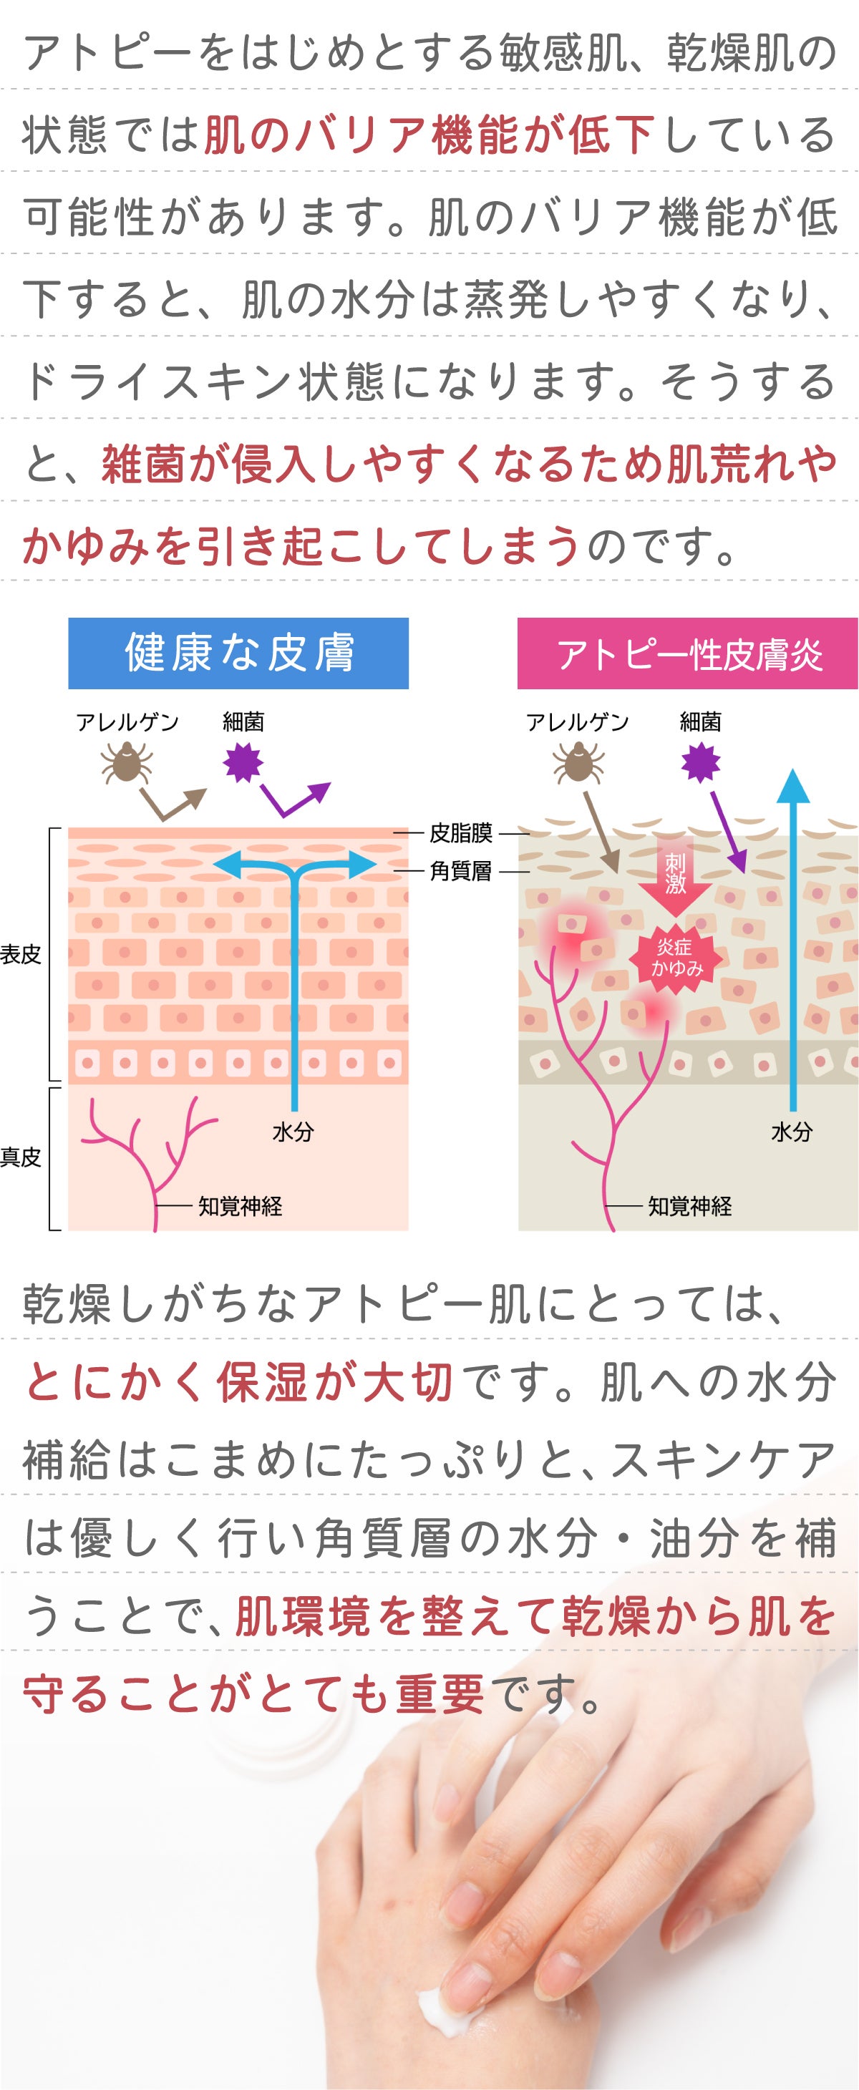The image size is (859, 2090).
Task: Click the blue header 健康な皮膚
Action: pyautogui.click(x=238, y=653)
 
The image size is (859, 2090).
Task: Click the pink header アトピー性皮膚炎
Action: pyautogui.click(x=687, y=653)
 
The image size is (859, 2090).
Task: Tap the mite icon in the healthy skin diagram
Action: pyautogui.click(x=126, y=764)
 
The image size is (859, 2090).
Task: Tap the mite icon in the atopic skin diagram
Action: pyautogui.click(x=578, y=764)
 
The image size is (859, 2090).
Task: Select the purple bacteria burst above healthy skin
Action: pyautogui.click(x=243, y=763)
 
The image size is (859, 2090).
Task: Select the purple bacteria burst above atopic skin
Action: pyautogui.click(x=700, y=763)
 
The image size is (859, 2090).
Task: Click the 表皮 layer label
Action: pyautogui.click(x=20, y=954)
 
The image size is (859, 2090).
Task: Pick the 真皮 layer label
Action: pyautogui.click(x=20, y=1157)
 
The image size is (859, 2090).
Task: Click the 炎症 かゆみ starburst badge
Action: pyautogui.click(x=676, y=958)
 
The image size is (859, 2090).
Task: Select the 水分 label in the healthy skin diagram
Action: pyautogui.click(x=293, y=1132)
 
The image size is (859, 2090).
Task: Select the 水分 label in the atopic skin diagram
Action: pyautogui.click(x=791, y=1132)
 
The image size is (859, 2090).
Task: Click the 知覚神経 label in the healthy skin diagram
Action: pyautogui.click(x=240, y=1207)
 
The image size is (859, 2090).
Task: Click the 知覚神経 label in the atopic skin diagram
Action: pyautogui.click(x=689, y=1207)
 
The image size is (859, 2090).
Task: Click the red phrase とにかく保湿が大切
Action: pyautogui.click(x=240, y=1381)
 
